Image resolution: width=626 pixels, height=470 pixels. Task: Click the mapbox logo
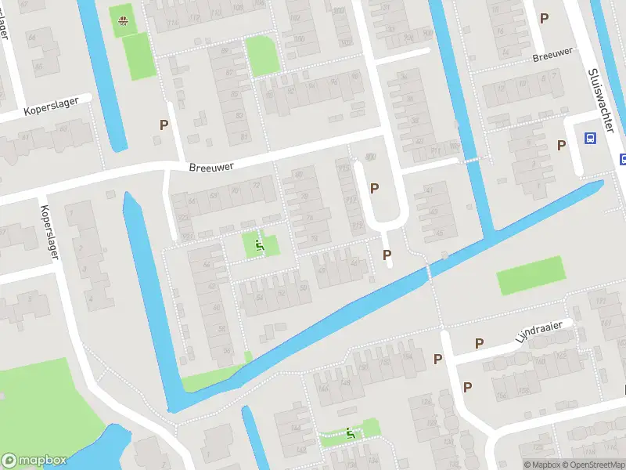34,461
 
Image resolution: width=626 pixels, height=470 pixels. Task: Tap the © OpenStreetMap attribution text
592,465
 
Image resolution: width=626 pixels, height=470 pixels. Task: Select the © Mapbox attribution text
541,465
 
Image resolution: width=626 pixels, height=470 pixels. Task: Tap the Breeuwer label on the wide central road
212,166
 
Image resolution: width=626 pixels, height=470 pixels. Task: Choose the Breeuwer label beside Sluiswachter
552,55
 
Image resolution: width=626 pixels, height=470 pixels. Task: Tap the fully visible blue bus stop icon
589,139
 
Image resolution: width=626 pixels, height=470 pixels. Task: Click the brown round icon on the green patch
123,21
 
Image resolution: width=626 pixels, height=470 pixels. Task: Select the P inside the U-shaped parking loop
374,188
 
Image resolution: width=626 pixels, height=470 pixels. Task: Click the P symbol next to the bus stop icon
561,145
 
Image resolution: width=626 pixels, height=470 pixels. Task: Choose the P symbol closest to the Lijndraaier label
480,343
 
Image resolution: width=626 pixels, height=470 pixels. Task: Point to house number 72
256,185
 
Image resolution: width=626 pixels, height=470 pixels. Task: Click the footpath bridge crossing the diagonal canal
429,273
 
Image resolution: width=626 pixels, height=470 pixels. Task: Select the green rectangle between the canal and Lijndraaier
530,276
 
